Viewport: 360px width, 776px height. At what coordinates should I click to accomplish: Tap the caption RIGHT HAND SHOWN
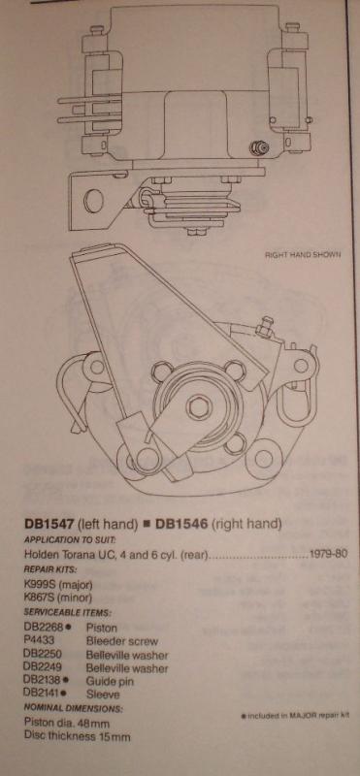click(303, 256)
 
